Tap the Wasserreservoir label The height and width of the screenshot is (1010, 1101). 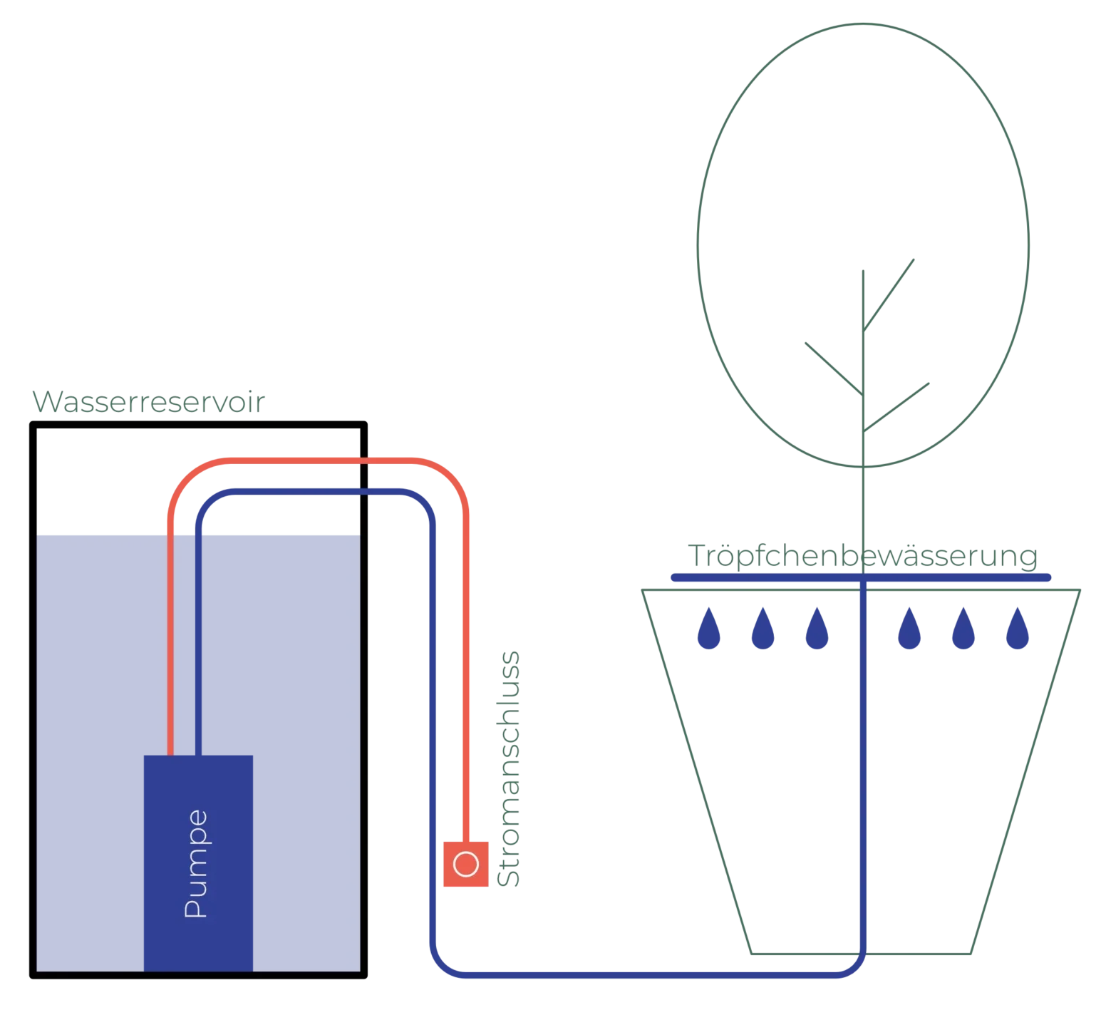click(146, 403)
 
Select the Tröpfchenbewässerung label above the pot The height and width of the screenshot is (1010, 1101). click(861, 557)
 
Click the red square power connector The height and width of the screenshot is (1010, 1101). click(466, 864)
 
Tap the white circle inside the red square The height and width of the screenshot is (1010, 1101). click(466, 864)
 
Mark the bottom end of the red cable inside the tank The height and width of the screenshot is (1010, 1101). click(170, 750)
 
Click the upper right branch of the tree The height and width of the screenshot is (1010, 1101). click(891, 288)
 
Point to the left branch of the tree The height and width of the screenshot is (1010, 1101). click(832, 365)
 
